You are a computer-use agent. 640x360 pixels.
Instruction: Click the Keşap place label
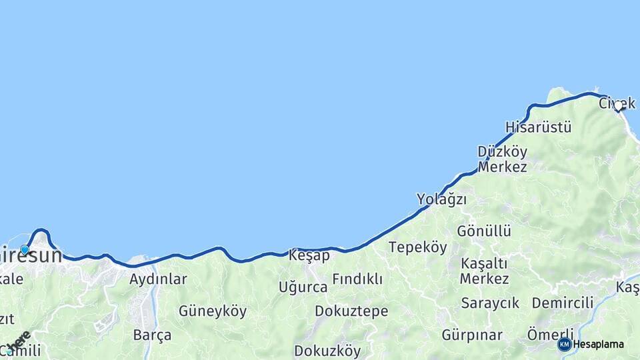[x=309, y=255]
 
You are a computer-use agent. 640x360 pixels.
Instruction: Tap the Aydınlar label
[x=158, y=279]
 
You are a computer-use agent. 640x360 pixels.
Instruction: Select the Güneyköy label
[x=213, y=311]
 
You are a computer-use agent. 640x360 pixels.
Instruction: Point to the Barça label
[x=152, y=335]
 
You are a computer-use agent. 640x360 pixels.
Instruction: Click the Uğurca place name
[x=303, y=287]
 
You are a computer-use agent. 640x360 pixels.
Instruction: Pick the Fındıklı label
[x=357, y=279]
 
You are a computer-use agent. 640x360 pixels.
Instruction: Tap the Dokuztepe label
[x=351, y=311]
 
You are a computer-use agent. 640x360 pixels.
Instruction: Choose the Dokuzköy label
[x=327, y=351]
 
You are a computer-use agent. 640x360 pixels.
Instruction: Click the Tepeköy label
[x=418, y=247]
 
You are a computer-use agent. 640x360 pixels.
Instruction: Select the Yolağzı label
[x=441, y=199]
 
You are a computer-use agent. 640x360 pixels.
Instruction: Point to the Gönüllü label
[x=484, y=231]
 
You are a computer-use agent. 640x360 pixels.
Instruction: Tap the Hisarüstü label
[x=538, y=127]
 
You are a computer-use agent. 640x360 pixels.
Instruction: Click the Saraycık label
[x=490, y=303]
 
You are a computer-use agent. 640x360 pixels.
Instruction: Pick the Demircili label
[x=563, y=303]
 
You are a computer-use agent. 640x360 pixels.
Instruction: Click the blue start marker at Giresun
[x=25, y=250]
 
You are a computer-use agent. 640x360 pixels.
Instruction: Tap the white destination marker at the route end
[x=618, y=105]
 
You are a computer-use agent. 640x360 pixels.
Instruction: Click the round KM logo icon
[x=565, y=345]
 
